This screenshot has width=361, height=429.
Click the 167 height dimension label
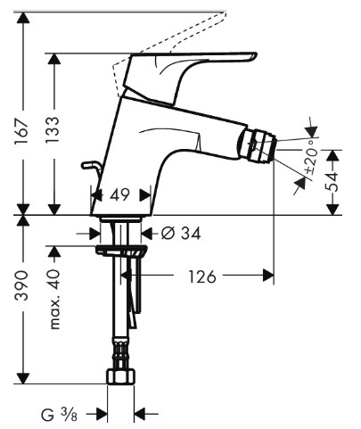point(22,131)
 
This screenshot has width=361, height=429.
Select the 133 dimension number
point(53,130)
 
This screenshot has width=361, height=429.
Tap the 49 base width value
point(120,195)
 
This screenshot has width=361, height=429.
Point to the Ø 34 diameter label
point(181,233)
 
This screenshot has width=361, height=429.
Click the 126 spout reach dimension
point(202,276)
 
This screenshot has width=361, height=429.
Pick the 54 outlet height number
point(332,182)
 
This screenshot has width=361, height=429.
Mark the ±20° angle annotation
point(311,157)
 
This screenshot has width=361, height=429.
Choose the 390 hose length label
point(22,285)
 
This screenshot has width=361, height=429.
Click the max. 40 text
point(54,300)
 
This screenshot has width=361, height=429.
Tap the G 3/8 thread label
point(59,414)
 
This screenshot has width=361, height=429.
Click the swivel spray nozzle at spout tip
point(258,145)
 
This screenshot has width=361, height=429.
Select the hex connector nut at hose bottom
point(120,375)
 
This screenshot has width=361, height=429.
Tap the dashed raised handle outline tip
point(225,12)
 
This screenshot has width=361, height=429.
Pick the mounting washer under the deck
point(121,250)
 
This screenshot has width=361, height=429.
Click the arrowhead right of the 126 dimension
point(268,275)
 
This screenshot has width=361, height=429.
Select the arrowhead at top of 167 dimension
point(23,18)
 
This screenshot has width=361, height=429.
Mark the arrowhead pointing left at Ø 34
point(146,233)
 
